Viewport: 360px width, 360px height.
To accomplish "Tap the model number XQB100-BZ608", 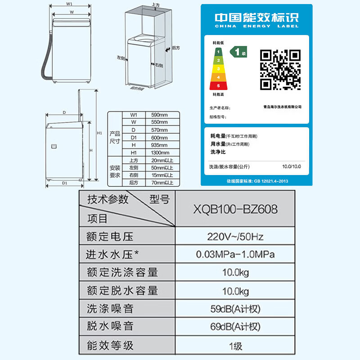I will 235,209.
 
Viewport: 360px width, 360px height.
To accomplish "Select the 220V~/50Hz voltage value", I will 235,236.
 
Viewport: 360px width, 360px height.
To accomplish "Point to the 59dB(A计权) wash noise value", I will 235,309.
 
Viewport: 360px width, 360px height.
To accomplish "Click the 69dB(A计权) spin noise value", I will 235,327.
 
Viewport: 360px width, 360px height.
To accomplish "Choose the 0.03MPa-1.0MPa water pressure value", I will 235,255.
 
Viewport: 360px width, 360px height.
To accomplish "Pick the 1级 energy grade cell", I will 235,346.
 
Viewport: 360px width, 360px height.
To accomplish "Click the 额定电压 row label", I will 110,236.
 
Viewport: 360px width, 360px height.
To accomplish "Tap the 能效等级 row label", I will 110,346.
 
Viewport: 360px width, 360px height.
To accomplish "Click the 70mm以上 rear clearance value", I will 162,183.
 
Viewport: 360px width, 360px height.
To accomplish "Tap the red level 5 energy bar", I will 219,85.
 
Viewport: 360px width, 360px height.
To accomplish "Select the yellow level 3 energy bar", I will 219,68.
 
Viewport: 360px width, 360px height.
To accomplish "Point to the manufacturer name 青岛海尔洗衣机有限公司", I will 282,107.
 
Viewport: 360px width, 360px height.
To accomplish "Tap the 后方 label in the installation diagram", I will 176,48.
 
